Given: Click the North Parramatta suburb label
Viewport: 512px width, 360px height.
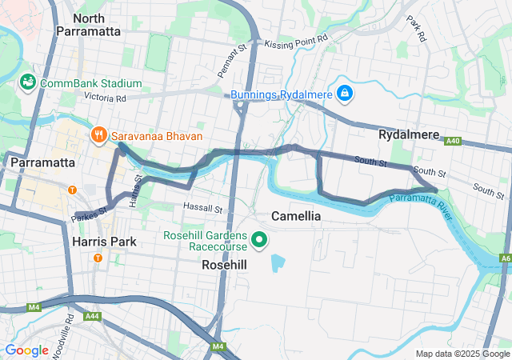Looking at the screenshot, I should pos(88,24).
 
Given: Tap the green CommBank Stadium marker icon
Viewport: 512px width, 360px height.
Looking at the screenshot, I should pos(27,83).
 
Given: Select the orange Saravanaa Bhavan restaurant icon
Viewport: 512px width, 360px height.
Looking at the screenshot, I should pos(99,135).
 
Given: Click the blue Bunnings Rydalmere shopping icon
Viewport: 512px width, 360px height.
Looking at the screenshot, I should pos(344,94).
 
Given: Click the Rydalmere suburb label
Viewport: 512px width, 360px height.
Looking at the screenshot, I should pos(409,135).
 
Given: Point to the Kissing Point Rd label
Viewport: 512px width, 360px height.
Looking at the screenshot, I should pos(296,38).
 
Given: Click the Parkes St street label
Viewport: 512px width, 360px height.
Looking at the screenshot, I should pos(89,214).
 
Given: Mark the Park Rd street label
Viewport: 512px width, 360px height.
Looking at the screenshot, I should pos(416,30).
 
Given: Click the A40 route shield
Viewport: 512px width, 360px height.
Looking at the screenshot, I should pos(454,141).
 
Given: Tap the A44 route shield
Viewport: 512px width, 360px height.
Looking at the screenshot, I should pos(93,317).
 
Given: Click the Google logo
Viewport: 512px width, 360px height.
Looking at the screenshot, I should pos(26,350).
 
